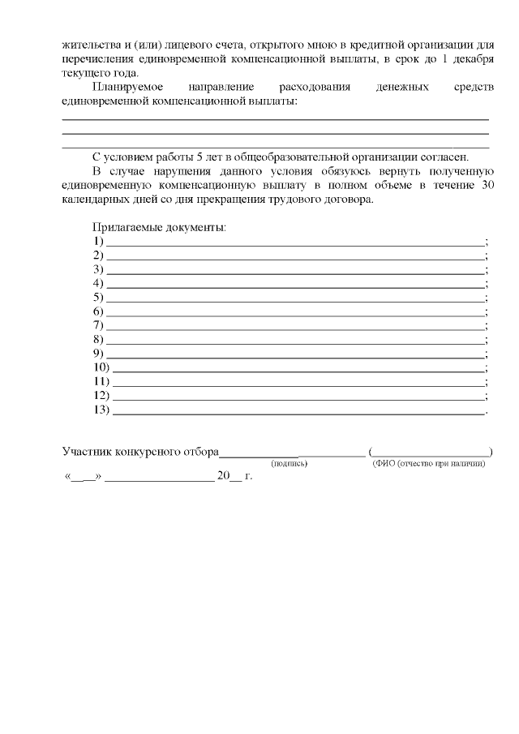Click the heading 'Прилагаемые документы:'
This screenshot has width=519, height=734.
click(x=159, y=228)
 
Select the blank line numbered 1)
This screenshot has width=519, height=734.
click(x=295, y=243)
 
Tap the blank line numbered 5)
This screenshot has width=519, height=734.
click(x=295, y=298)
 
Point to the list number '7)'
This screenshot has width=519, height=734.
click(x=99, y=325)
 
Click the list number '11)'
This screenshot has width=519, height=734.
click(x=101, y=381)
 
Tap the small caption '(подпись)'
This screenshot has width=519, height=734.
click(x=289, y=464)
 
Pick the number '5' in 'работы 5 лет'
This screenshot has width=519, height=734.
click(x=188, y=157)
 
